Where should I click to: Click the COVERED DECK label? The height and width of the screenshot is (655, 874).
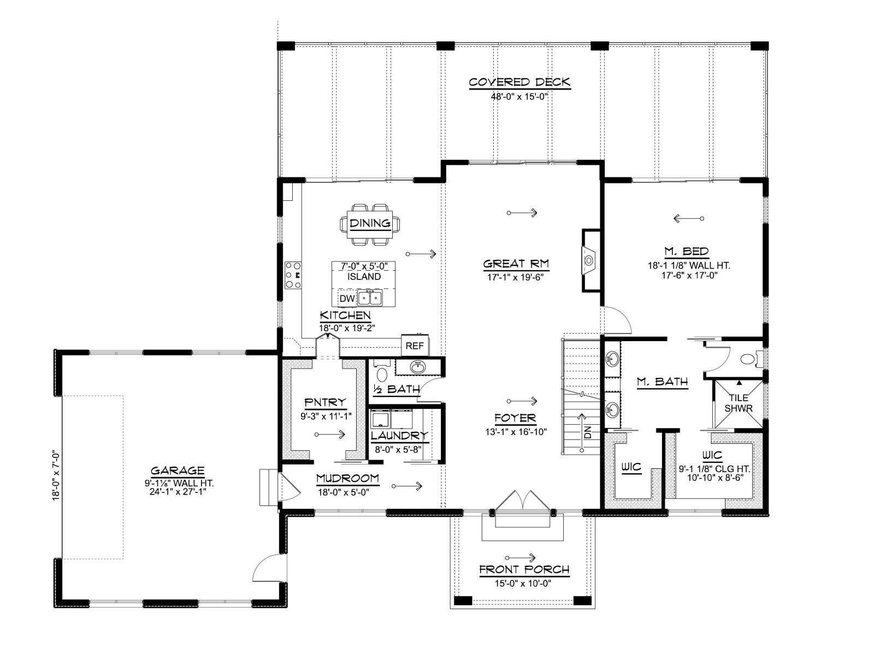[519, 82]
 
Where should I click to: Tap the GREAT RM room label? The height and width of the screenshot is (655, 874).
[516, 264]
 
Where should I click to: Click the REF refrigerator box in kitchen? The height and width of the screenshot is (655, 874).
[415, 346]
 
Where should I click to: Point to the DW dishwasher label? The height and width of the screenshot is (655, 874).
[347, 298]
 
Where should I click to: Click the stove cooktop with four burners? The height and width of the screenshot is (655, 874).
[293, 275]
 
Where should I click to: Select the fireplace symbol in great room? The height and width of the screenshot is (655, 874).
[588, 260]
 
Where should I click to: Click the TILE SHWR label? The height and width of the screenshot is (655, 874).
[739, 403]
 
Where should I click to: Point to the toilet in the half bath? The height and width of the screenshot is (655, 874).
[382, 374]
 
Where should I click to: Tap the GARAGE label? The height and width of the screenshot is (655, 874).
[178, 471]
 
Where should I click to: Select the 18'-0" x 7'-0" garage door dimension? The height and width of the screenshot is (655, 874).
[56, 475]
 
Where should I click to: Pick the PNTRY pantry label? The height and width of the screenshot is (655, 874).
[326, 403]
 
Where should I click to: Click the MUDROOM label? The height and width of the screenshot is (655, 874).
[347, 478]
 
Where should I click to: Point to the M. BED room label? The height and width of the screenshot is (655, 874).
[687, 251]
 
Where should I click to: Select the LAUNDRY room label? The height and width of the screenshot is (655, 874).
[399, 436]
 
